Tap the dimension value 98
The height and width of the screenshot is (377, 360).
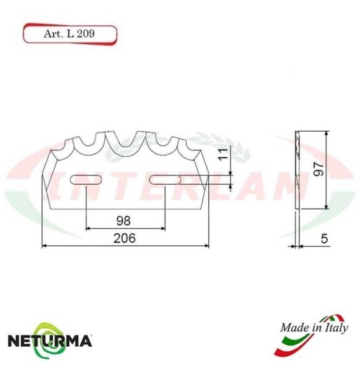[125, 219]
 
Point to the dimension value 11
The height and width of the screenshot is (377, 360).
[223, 153]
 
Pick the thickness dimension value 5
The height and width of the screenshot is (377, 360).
[326, 238]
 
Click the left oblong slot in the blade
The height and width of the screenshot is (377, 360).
[86, 179]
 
